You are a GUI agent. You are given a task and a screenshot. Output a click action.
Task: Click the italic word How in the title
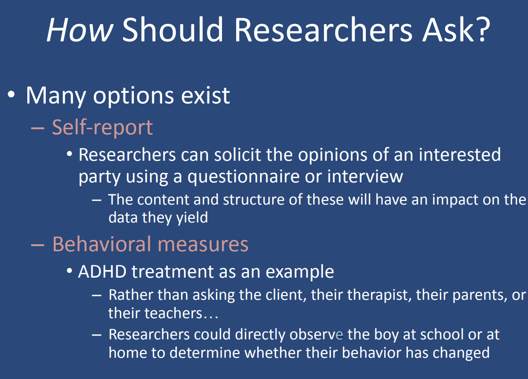(x=80, y=30)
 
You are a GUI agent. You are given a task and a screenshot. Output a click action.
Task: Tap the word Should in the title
(x=173, y=30)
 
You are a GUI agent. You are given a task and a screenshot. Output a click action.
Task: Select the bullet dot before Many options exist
(x=11, y=95)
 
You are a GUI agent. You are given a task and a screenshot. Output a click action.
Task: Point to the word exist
(x=206, y=95)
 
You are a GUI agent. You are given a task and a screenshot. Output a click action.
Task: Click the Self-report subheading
(x=102, y=128)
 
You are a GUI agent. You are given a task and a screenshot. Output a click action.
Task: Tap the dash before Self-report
(x=37, y=128)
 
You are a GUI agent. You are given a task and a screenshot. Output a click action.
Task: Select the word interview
(x=365, y=176)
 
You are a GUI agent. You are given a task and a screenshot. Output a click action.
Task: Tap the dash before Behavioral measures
(x=37, y=245)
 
